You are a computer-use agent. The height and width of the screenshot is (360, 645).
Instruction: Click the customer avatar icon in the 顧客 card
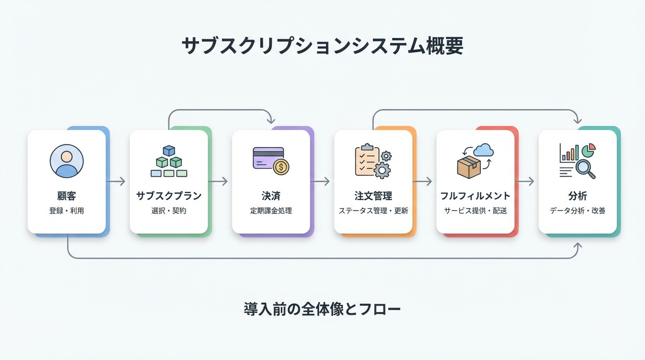tap(67, 161)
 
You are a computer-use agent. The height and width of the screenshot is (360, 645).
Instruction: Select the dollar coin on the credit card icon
tap(281, 166)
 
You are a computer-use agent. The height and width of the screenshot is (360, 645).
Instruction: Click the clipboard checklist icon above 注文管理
tap(367, 160)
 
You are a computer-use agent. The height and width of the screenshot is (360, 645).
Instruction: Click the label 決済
tap(271, 196)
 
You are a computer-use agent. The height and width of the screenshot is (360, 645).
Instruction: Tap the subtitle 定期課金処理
tap(271, 211)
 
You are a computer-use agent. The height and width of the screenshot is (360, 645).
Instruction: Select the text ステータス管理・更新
tap(373, 211)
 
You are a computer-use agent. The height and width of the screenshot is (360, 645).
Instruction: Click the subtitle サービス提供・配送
tap(475, 211)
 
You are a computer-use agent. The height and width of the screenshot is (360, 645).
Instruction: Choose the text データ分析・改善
tap(577, 211)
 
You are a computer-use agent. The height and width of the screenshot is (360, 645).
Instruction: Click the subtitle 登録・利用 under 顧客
tap(67, 211)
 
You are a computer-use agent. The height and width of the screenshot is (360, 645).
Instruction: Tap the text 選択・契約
tap(169, 211)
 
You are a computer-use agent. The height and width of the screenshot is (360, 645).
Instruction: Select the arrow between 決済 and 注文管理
tap(322, 181)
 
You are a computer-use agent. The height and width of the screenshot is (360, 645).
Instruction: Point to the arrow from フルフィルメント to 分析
tap(526, 181)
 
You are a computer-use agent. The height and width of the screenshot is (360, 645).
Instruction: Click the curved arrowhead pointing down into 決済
tap(271, 120)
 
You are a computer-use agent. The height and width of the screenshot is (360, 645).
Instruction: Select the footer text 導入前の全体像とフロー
tap(322, 309)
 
